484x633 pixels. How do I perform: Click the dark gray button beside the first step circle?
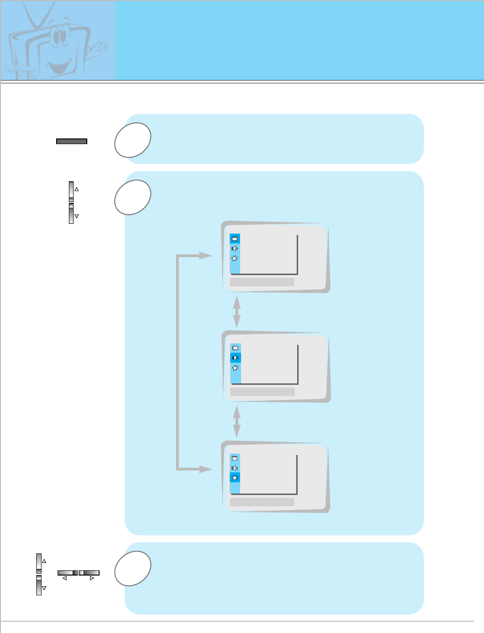[x=72, y=141]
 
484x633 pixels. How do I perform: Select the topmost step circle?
[x=133, y=140]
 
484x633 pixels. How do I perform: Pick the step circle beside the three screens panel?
[x=133, y=197]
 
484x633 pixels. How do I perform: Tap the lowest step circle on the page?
[x=133, y=568]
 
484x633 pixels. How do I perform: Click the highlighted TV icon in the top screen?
[x=235, y=239]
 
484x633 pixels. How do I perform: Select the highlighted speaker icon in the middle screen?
[x=235, y=358]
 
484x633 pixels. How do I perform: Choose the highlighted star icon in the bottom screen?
[x=235, y=478]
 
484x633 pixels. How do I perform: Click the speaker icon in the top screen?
[x=235, y=249]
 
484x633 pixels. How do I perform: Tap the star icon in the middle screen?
[x=235, y=368]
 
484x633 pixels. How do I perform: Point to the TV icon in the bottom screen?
[x=235, y=458]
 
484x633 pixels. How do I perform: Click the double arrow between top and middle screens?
[x=237, y=311]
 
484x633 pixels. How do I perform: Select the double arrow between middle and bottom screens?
[x=237, y=421]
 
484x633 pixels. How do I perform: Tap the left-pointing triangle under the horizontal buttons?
[x=65, y=578]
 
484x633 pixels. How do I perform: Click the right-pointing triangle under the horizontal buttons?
[x=92, y=578]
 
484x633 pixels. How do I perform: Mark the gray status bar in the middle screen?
[x=262, y=392]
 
